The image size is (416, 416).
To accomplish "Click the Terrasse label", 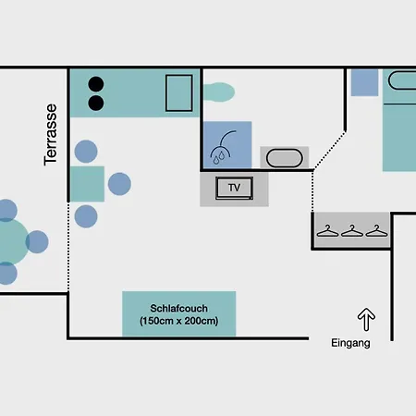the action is tap(50, 135).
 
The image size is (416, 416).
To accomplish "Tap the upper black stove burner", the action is tap(96, 84).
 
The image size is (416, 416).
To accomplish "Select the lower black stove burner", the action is tap(96, 103).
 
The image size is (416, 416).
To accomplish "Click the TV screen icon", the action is tap(235, 188).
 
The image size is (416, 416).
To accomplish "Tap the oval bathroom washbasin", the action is tap(284, 158).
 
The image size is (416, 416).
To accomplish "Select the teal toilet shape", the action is tap(219, 92).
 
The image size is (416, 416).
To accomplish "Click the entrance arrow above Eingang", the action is tap(366, 319).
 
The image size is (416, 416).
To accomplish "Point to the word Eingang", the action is tap(350, 343).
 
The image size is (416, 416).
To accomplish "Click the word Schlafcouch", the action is tap(178, 308).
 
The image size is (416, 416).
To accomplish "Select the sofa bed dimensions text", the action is tap(178, 321).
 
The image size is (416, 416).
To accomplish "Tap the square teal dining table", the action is tap(87, 184).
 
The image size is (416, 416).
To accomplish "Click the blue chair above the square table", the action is tap(86, 152).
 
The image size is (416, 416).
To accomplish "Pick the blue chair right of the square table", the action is tap(119, 184).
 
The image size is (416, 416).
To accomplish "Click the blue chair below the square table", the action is tap(86, 216).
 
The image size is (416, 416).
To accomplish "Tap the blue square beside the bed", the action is tap(364, 82).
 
